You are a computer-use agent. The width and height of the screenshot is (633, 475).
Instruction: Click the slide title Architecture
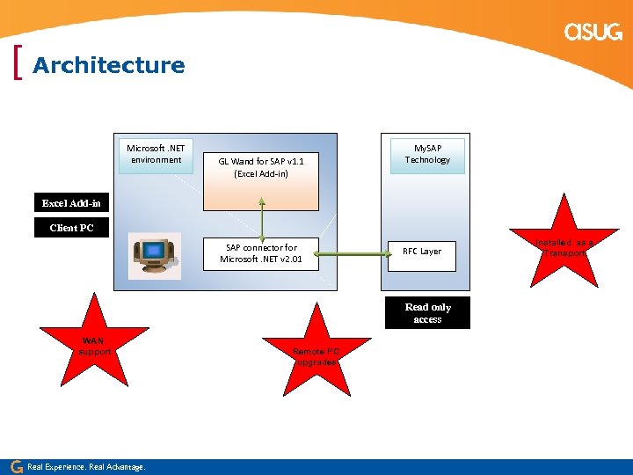click(x=108, y=65)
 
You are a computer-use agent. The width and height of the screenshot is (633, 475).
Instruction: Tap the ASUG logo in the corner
click(x=593, y=33)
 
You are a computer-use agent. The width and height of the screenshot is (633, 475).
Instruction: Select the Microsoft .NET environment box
click(x=156, y=154)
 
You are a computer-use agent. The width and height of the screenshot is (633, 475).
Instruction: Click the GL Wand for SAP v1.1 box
click(x=261, y=167)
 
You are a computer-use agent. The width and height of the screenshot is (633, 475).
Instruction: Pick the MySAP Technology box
click(x=427, y=154)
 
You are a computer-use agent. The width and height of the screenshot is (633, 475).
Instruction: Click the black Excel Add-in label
click(x=71, y=203)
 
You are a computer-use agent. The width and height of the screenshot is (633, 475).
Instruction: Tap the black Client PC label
click(x=71, y=228)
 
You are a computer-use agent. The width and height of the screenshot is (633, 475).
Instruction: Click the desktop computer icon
click(x=155, y=255)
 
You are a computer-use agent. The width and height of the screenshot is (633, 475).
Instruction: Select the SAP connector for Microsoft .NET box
click(x=261, y=253)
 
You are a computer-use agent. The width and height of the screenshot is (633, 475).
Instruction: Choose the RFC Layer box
click(x=422, y=252)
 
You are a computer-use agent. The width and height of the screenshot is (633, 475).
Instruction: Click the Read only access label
click(x=427, y=313)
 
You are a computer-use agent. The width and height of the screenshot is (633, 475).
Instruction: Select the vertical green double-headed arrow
click(x=262, y=217)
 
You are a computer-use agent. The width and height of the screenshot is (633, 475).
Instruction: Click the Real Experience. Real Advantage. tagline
click(x=86, y=466)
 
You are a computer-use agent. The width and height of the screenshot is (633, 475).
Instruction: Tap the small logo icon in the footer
click(x=16, y=466)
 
